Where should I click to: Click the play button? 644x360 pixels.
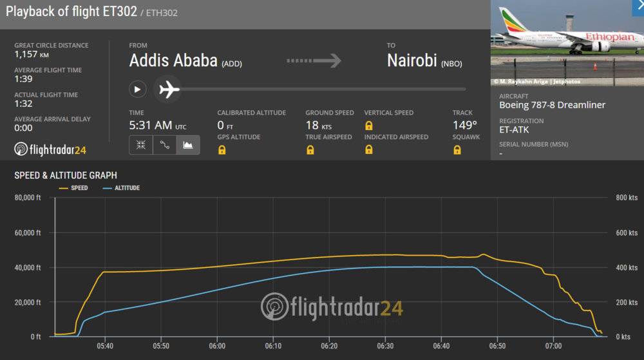pos(137,89)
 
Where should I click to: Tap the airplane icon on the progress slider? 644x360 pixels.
pos(169,89)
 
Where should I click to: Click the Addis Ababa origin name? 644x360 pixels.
pos(173,61)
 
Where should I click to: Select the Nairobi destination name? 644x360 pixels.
pos(412,61)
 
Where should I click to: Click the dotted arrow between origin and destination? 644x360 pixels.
pos(314,61)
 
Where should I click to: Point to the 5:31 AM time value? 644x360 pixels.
pos(151,125)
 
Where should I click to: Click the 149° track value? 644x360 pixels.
pos(464,125)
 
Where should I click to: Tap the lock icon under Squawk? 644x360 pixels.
pos(457,150)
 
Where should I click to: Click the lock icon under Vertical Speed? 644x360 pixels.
pos(369,126)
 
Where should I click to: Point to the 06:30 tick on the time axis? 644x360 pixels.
pos(385,346)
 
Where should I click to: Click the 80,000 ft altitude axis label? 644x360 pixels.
pos(28,198)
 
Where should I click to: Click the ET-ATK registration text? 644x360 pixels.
pos(514,129)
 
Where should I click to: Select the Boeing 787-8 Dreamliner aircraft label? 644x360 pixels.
pos(552,105)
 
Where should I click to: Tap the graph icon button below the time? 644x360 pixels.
pos(188,145)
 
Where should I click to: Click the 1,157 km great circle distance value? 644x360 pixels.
pos(32,55)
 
